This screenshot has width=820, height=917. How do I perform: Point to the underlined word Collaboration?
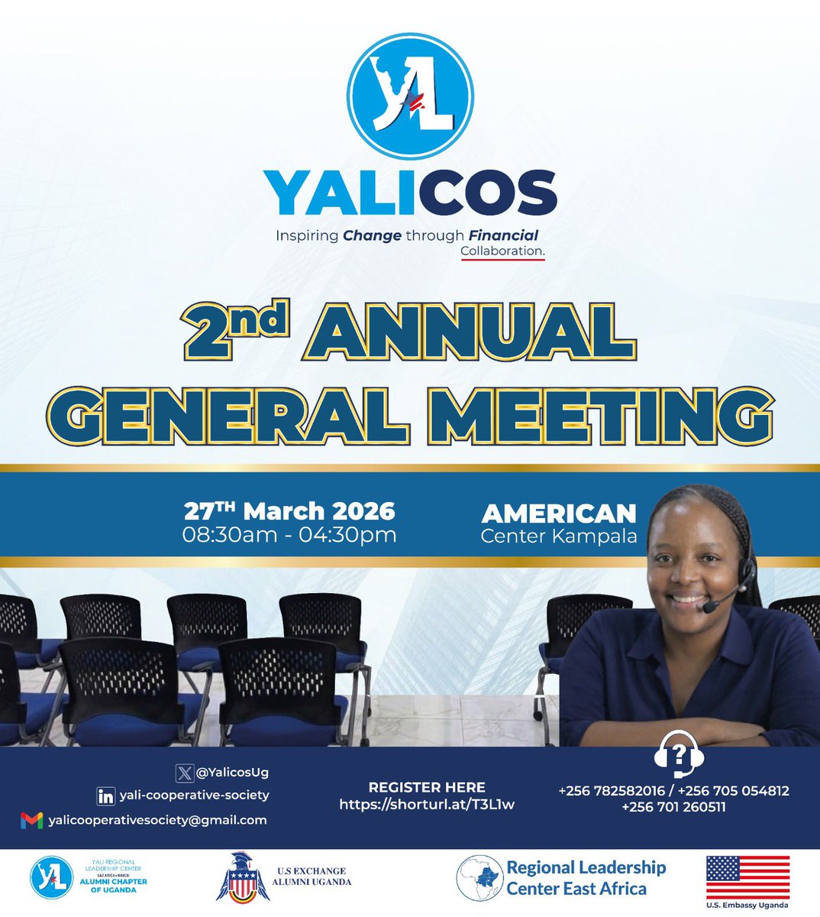(502, 251)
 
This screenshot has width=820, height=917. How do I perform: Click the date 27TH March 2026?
(289, 510)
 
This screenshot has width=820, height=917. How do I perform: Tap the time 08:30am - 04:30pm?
(289, 534)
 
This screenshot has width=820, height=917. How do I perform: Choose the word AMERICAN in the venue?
(559, 513)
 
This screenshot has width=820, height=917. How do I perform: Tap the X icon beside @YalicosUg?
(184, 773)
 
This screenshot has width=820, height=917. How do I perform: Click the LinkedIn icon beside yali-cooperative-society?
(106, 795)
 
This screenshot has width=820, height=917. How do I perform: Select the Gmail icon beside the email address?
(31, 821)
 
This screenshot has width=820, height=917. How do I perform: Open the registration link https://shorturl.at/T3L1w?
(427, 805)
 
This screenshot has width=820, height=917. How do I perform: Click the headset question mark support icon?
(679, 757)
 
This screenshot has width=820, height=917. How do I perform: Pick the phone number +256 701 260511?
(673, 807)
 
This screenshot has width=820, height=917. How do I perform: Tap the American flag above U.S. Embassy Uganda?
(747, 876)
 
